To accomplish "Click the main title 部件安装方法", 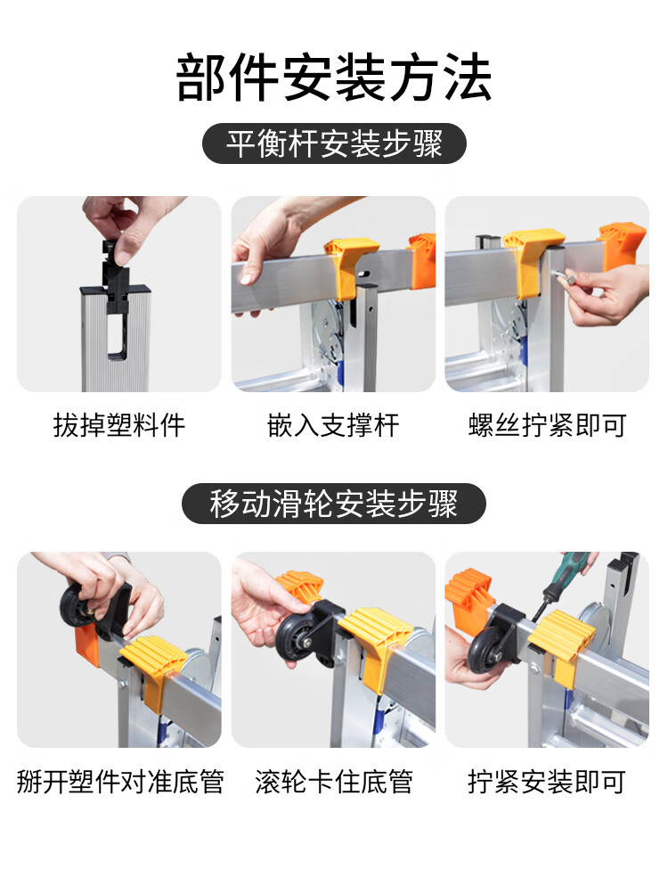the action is (334, 78).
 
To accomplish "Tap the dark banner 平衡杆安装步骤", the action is (334, 144).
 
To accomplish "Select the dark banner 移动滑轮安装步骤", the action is (334, 503).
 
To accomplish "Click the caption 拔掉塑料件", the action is (119, 425).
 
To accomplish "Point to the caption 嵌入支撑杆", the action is (333, 425).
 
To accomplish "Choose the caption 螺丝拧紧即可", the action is (547, 425).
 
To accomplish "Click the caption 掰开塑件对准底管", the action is (119, 782).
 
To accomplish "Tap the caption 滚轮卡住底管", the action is (334, 782).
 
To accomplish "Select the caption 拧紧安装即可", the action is (547, 782).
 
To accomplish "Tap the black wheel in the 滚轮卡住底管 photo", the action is (294, 636).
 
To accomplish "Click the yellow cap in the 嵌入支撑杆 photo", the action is (348, 267).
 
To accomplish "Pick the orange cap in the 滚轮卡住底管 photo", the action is (297, 587).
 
